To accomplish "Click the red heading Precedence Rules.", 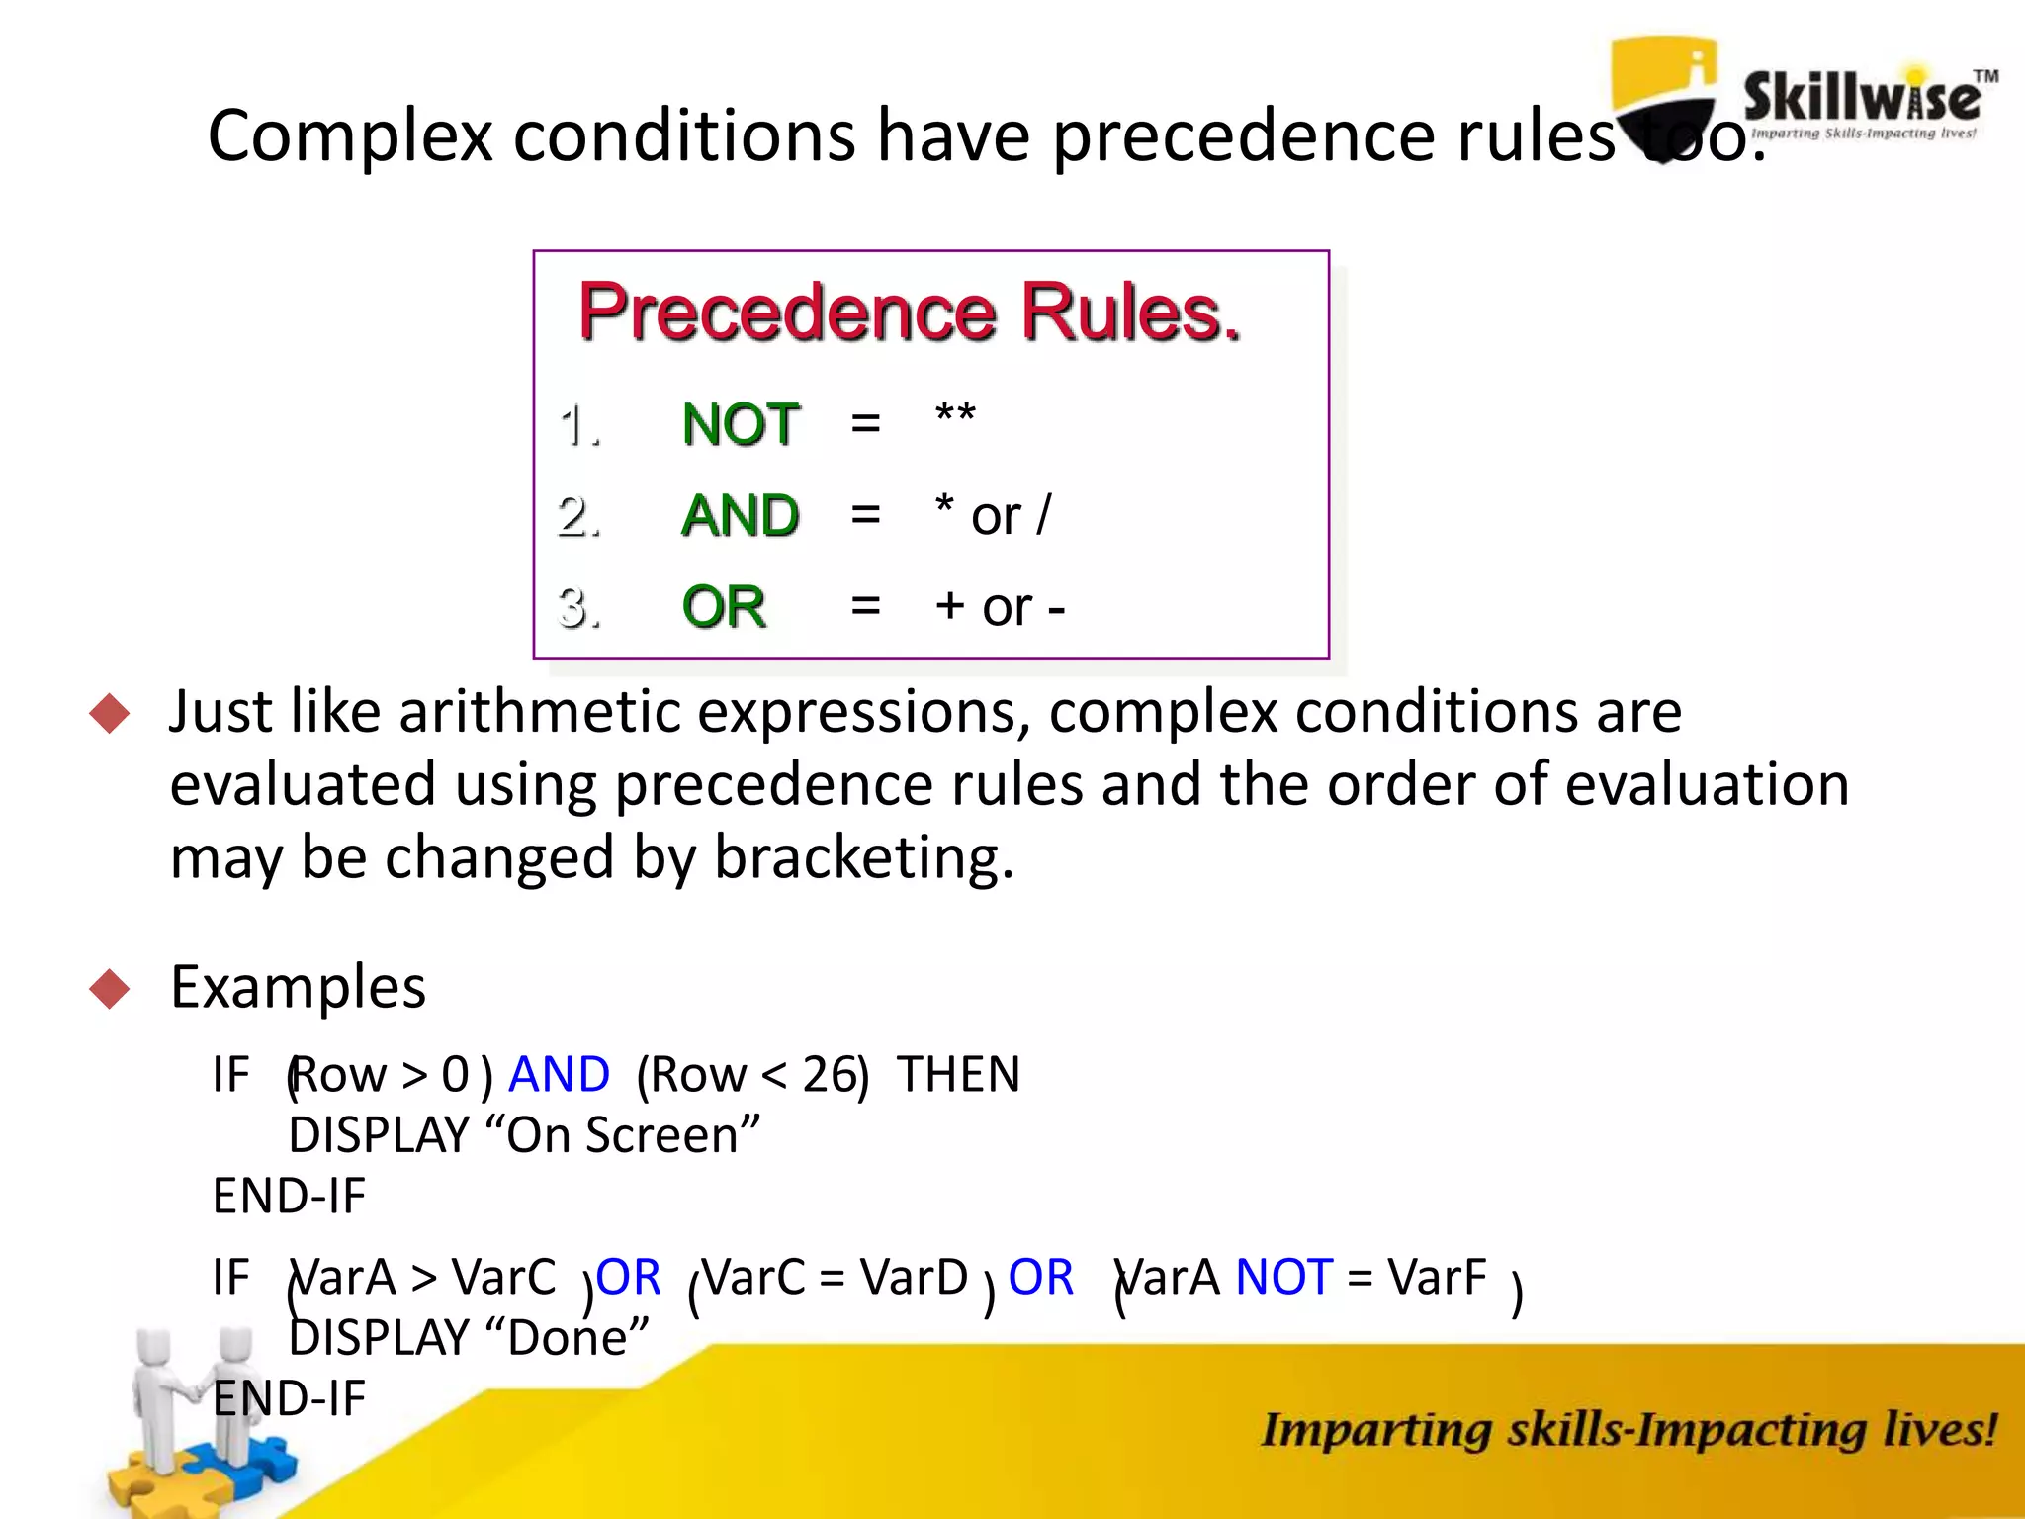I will pyautogui.click(x=909, y=313).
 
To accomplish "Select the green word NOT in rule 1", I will pyautogui.click(x=741, y=424).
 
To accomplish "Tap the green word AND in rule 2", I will pyautogui.click(x=741, y=515).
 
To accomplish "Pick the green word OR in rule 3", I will pyautogui.click(x=724, y=606).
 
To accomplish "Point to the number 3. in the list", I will pyautogui.click(x=579, y=606).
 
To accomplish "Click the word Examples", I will pyautogui.click(x=298, y=987).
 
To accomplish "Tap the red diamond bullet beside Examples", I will pyautogui.click(x=109, y=988).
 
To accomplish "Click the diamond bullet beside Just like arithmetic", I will pyautogui.click(x=109, y=713).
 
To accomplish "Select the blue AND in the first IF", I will pyautogui.click(x=559, y=1074).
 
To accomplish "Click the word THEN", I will pyautogui.click(x=958, y=1074).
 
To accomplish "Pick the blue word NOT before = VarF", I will pyautogui.click(x=1283, y=1277).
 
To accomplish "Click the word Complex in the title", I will pyautogui.click(x=349, y=135).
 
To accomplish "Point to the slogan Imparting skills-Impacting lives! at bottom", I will pyautogui.click(x=1628, y=1430).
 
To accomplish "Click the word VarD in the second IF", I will pyautogui.click(x=914, y=1277).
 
